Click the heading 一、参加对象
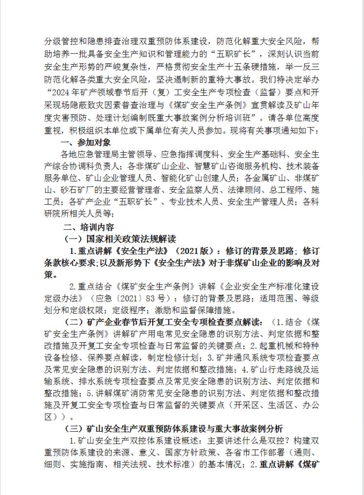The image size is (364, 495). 87,142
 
